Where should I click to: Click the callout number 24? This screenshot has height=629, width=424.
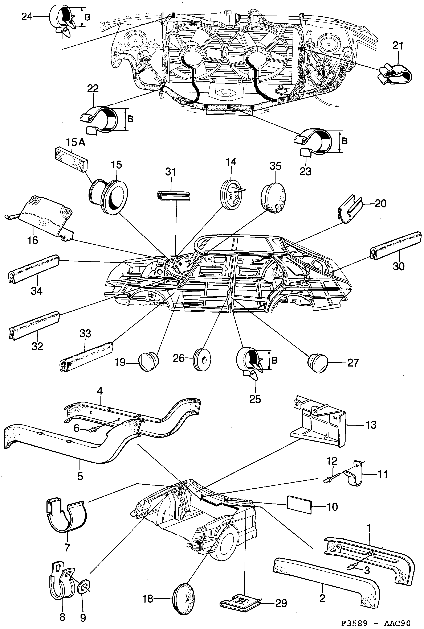click(27, 17)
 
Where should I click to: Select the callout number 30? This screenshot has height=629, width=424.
click(398, 266)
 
